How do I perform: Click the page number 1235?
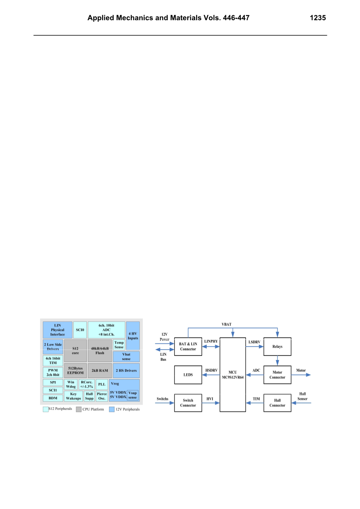tap(318, 18)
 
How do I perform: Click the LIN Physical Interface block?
tap(58, 330)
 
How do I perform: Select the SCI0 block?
tap(80, 330)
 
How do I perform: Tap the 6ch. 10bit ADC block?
tap(106, 330)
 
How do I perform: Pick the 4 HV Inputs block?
tap(133, 336)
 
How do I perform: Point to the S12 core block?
tap(75, 350)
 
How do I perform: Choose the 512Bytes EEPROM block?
tap(75, 371)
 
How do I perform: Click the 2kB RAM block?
tap(100, 371)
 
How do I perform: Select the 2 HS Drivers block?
tap(126, 371)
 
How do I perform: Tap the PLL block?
tap(102, 384)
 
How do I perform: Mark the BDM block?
tap(53, 398)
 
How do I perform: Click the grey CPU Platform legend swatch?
tap(79, 409)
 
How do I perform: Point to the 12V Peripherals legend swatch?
tap(112, 409)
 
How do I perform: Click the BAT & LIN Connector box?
tap(188, 346)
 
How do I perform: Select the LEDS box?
tap(188, 375)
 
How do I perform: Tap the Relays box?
tap(277, 346)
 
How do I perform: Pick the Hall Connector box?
tap(277, 403)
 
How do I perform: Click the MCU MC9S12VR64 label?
tap(233, 375)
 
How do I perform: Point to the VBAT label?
tap(227, 324)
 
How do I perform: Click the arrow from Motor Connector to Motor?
tap(301, 375)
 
